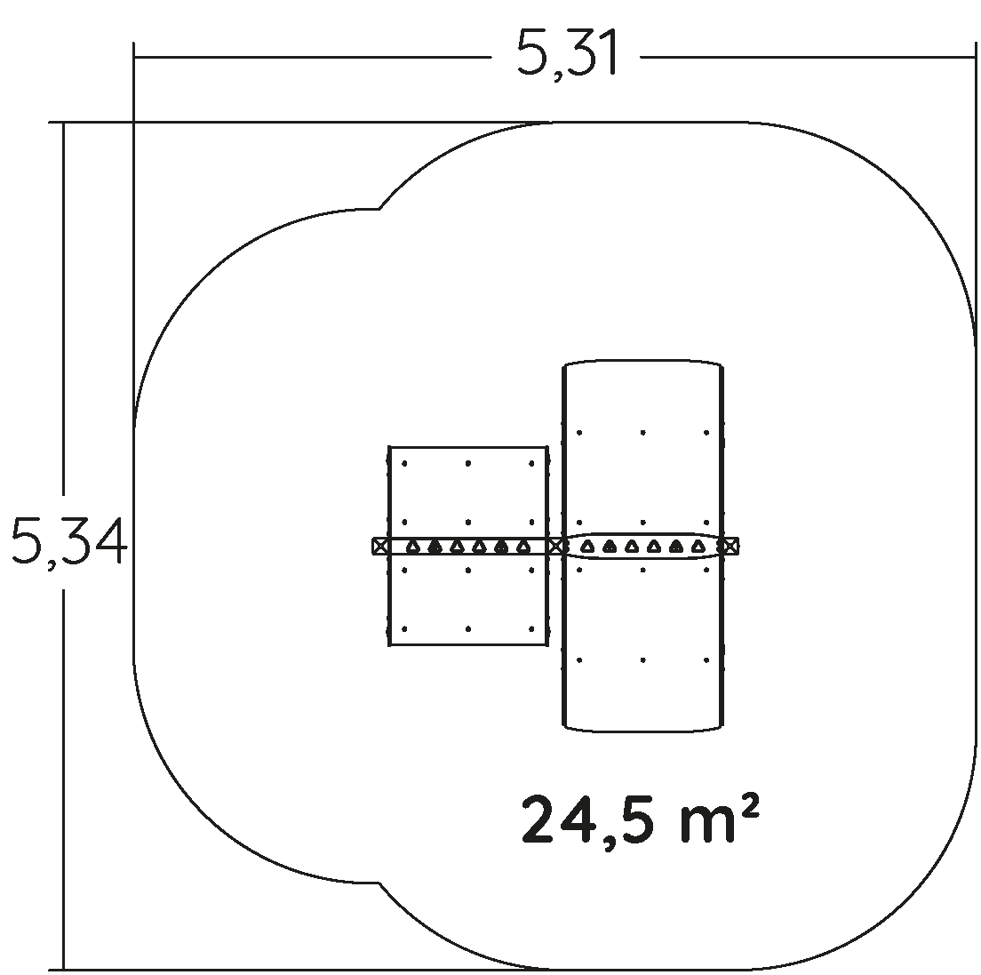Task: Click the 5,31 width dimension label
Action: tap(567, 52)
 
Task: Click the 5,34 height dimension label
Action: tap(69, 541)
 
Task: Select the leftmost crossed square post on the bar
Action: tap(379, 547)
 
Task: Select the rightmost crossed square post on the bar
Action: tap(730, 547)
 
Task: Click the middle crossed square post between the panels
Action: tap(555, 547)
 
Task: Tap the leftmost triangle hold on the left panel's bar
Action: tap(412, 547)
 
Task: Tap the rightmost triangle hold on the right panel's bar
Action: tap(698, 547)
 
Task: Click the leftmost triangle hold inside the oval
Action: tap(586, 547)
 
